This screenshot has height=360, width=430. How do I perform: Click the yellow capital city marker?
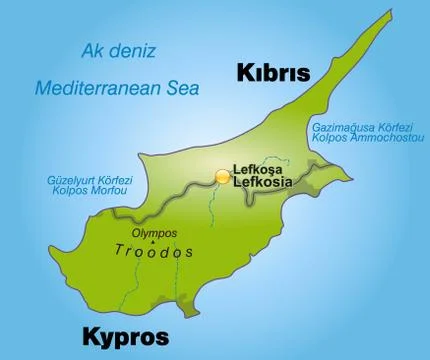(222, 175)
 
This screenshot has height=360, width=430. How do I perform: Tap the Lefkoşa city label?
(258, 169)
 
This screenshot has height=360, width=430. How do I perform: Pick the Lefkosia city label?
(262, 183)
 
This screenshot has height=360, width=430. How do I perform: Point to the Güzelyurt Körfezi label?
(85, 181)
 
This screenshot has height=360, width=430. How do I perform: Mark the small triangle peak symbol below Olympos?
(152, 242)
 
